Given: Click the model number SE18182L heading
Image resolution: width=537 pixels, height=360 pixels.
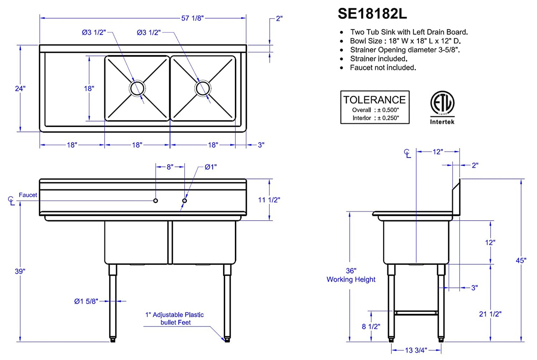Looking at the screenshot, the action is [x=372, y=14].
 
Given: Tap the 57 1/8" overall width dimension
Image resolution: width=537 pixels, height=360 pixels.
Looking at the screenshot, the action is [x=192, y=18].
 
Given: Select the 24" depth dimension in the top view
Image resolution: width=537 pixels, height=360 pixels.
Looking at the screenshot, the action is [x=20, y=88].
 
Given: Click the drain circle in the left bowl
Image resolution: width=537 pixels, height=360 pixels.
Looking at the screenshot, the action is [x=137, y=88].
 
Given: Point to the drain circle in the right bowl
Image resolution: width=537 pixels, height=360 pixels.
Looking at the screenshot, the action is [x=203, y=88].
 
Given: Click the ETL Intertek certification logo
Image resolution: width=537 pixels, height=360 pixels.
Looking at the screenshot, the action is [x=442, y=108].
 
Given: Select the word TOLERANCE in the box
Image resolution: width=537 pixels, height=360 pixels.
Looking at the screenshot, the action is [x=375, y=100].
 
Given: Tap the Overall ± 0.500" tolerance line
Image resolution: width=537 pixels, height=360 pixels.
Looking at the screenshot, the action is [x=375, y=110].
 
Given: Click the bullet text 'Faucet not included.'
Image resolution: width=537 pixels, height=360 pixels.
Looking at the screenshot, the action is [x=383, y=68].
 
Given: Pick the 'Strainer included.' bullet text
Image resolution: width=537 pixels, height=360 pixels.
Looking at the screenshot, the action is [x=379, y=59].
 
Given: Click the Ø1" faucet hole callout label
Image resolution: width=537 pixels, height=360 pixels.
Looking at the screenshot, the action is [x=210, y=167].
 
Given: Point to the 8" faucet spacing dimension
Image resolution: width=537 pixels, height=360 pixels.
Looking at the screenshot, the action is [x=170, y=167].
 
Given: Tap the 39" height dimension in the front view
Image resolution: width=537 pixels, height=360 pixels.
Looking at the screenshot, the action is [x=20, y=271].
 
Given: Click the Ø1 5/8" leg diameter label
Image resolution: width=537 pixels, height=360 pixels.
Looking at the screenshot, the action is [x=86, y=301].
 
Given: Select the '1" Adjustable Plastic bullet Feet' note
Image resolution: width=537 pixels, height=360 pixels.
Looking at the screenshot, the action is [x=175, y=318].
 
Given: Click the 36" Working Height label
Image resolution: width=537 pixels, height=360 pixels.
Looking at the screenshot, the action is [x=351, y=275].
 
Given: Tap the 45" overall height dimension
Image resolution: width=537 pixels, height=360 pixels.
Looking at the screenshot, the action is [x=521, y=260].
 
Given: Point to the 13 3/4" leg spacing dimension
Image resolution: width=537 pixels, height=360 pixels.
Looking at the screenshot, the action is [x=416, y=350].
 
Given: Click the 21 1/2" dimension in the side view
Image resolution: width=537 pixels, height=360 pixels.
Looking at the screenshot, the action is [x=490, y=314].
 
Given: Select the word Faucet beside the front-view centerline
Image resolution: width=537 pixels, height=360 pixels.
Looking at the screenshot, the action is [x=28, y=195].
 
